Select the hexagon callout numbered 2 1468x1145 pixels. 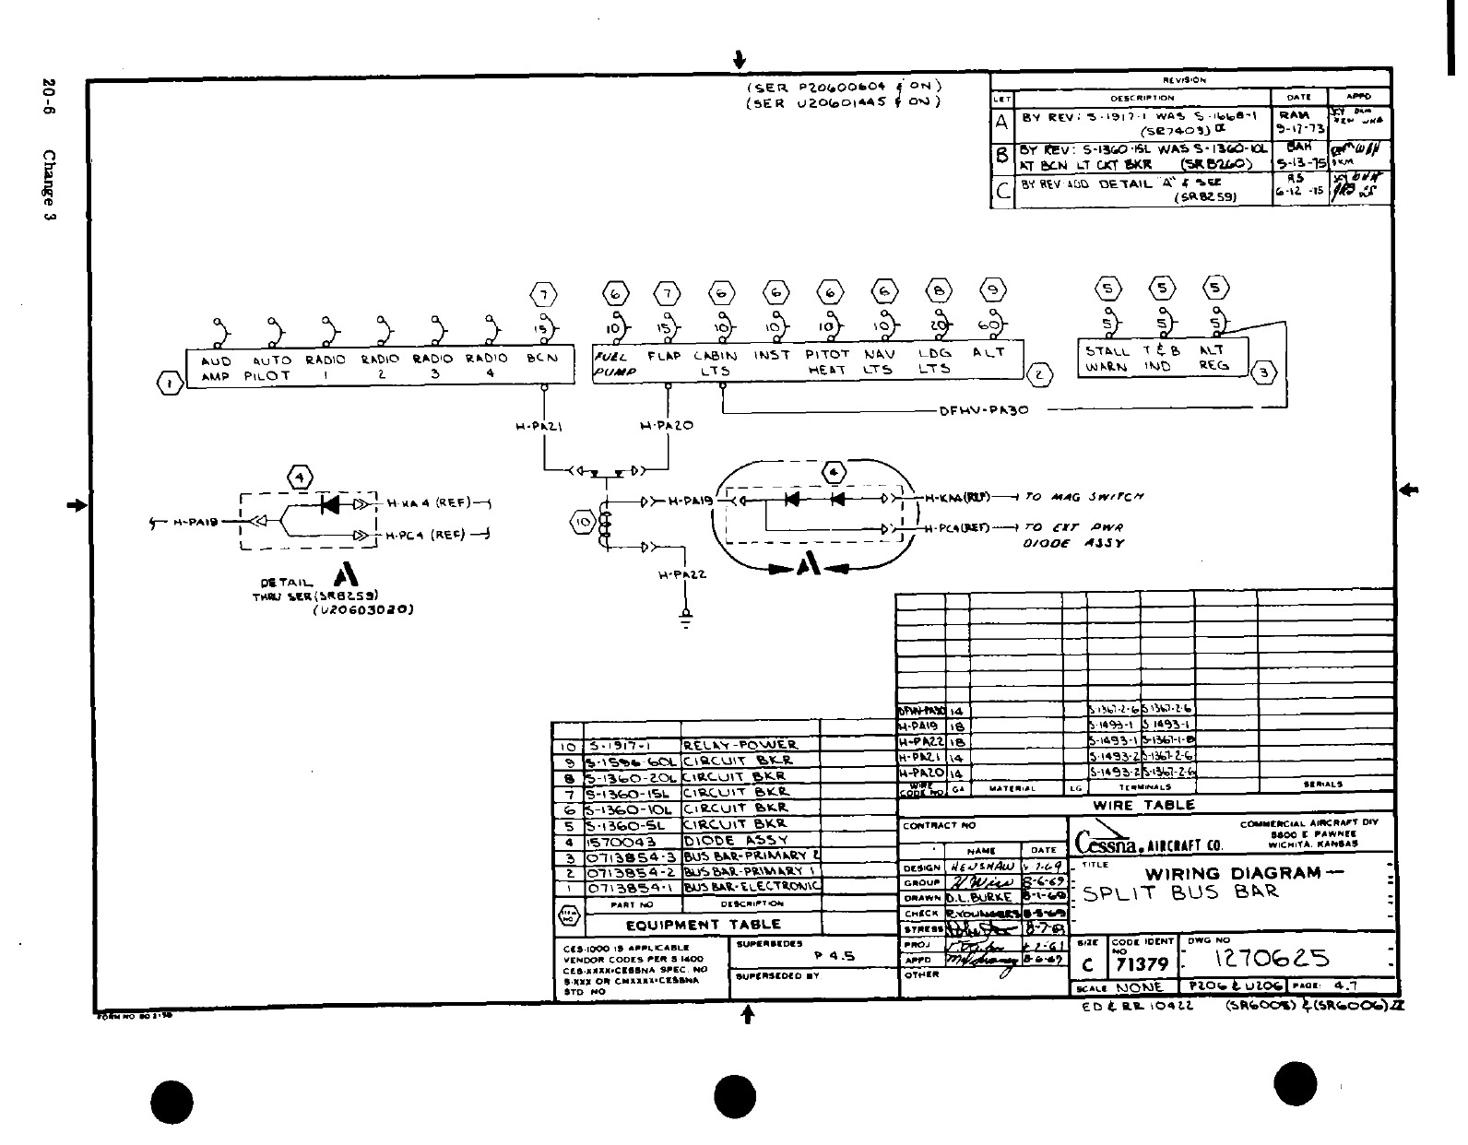pyautogui.click(x=1039, y=374)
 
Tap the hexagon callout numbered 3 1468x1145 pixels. pyautogui.click(x=1264, y=372)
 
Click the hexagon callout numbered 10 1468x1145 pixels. pyautogui.click(x=584, y=524)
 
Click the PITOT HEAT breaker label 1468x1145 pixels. pyautogui.click(x=827, y=361)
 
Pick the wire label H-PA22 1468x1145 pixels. pyautogui.click(x=682, y=574)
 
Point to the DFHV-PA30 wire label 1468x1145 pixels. pyautogui.click(x=984, y=411)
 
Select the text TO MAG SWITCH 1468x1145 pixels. pyautogui.click(x=1084, y=497)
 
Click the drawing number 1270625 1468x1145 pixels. pyautogui.click(x=1273, y=959)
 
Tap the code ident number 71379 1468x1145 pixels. pyautogui.click(x=1142, y=964)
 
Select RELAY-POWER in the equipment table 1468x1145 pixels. pyautogui.click(x=740, y=744)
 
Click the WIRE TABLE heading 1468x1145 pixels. pyautogui.click(x=1143, y=805)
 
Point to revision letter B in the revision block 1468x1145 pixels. pyautogui.click(x=1002, y=156)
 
